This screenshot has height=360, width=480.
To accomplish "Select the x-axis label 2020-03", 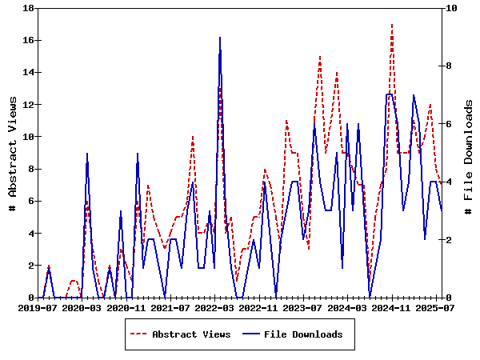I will (x=82, y=307).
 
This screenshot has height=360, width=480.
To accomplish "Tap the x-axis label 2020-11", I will (x=126, y=307).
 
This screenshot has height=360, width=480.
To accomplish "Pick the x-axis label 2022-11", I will (x=260, y=307).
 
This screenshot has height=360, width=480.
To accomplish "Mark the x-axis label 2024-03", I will (x=349, y=307).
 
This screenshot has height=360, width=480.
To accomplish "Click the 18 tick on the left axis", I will (x=28, y=8).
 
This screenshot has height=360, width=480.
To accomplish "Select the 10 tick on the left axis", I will (x=28, y=137).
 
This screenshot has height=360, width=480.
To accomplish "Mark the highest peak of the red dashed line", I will (x=392, y=24).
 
